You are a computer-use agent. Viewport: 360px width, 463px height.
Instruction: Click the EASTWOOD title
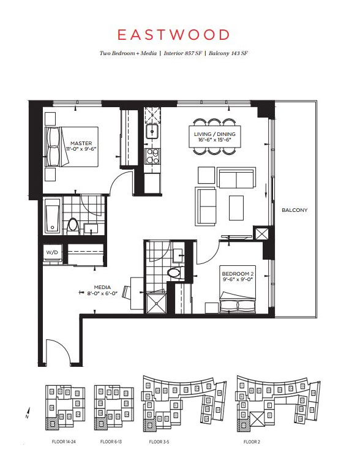(x=173, y=35)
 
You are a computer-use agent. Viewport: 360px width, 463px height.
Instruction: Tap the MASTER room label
(x=81, y=143)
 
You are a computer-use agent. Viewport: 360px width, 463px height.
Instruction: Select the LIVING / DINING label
(x=214, y=134)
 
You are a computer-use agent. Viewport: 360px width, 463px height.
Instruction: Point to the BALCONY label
(x=294, y=210)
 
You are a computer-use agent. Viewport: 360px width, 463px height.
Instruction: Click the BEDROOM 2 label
(x=238, y=274)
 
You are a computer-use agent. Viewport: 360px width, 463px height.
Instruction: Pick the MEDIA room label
(x=102, y=287)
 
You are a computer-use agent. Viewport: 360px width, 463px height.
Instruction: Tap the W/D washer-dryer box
(x=52, y=253)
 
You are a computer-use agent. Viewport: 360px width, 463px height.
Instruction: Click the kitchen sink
(x=152, y=131)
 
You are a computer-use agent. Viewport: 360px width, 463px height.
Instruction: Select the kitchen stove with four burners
(x=152, y=156)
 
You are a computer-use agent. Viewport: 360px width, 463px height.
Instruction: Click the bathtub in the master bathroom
(x=53, y=215)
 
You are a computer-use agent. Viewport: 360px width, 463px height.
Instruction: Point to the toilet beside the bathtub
(x=72, y=226)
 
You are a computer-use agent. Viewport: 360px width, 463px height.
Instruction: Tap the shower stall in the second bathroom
(x=156, y=303)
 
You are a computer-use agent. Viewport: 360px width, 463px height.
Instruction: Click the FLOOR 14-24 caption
(x=64, y=442)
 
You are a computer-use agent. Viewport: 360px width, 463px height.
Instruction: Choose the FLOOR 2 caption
(x=252, y=442)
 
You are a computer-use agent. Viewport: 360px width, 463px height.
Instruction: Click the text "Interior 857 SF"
(x=183, y=53)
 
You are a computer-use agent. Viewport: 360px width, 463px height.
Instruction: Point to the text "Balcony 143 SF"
(x=228, y=53)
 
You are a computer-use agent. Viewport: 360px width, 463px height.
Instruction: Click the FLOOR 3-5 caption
(x=159, y=442)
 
